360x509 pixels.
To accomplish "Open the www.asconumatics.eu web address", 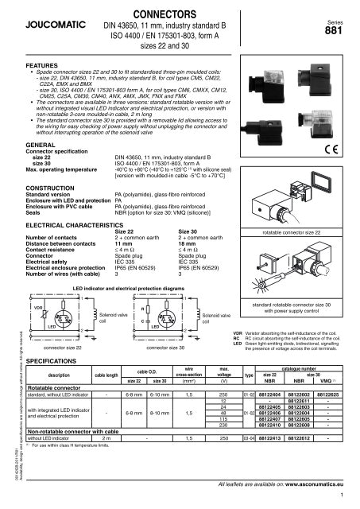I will pos(313,482).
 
